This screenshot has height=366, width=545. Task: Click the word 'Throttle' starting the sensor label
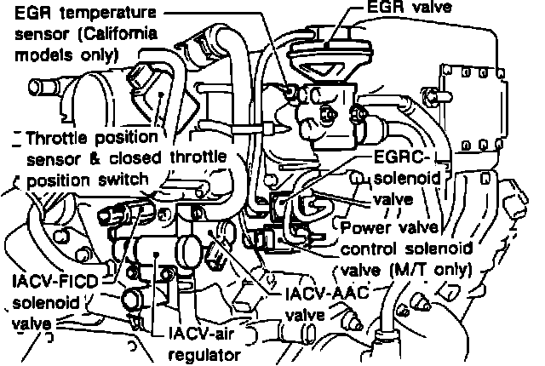[59, 138]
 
